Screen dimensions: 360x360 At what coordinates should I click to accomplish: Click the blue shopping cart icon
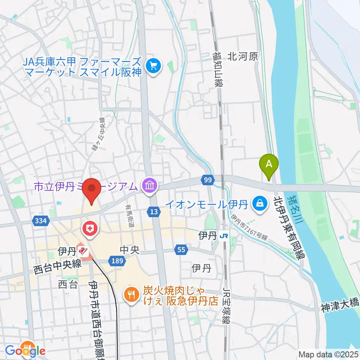click(153, 66)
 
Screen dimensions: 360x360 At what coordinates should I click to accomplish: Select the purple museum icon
click(150, 185)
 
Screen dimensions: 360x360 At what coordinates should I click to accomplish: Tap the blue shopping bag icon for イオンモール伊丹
click(259, 204)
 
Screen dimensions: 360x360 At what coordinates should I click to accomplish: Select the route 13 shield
click(153, 212)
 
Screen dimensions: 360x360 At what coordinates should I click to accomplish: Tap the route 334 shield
click(40, 221)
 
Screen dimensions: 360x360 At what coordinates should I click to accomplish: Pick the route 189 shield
click(115, 260)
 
